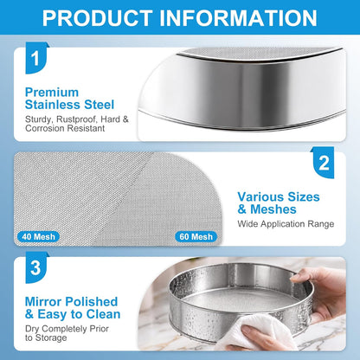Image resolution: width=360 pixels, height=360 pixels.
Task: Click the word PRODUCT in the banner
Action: [97, 18]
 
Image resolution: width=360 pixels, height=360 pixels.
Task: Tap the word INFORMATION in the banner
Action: [238, 18]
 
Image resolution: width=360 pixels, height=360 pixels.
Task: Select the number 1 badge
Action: [36, 58]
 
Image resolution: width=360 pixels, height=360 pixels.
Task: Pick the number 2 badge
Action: [324, 163]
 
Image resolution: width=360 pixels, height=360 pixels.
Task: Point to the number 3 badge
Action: [36, 267]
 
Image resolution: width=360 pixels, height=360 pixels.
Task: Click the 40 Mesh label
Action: [38, 237]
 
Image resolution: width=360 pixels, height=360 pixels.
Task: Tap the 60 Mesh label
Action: [196, 237]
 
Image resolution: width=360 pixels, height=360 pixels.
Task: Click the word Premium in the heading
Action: [52, 93]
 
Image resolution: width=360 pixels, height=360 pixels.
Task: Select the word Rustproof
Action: [77, 119]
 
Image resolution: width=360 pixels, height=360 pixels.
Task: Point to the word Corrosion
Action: [44, 128]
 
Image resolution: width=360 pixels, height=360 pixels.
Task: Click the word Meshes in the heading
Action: [273, 209]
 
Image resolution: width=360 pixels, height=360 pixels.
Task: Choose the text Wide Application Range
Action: [286, 224]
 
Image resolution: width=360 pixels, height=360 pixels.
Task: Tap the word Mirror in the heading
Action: [43, 302]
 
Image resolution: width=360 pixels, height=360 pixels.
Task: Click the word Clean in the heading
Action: [103, 314]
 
